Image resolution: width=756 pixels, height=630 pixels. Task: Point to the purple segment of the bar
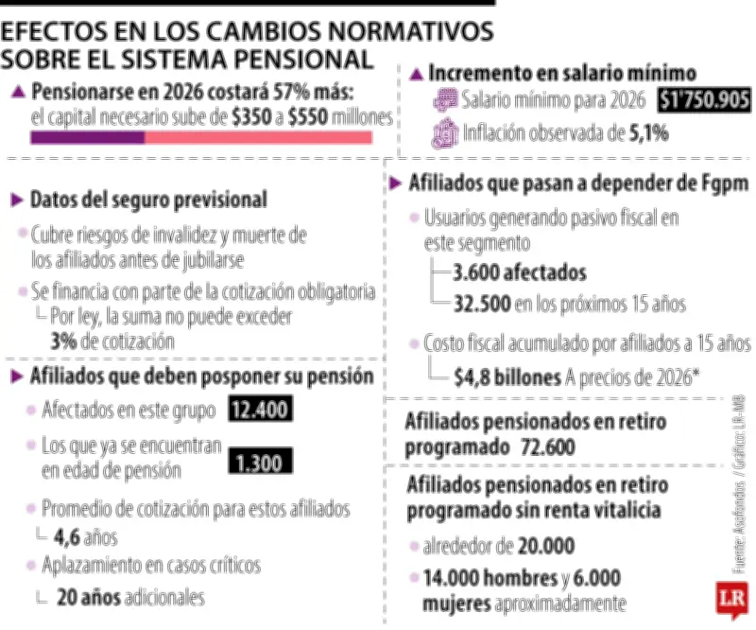[87, 137]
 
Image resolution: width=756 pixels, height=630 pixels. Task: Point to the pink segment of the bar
[257, 137]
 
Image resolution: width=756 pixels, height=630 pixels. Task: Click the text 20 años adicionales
[129, 597]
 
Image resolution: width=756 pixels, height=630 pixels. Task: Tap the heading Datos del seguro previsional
[147, 201]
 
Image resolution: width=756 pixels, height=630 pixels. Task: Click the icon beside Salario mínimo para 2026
[444, 99]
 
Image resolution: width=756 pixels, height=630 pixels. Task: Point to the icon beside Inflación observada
[444, 133]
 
